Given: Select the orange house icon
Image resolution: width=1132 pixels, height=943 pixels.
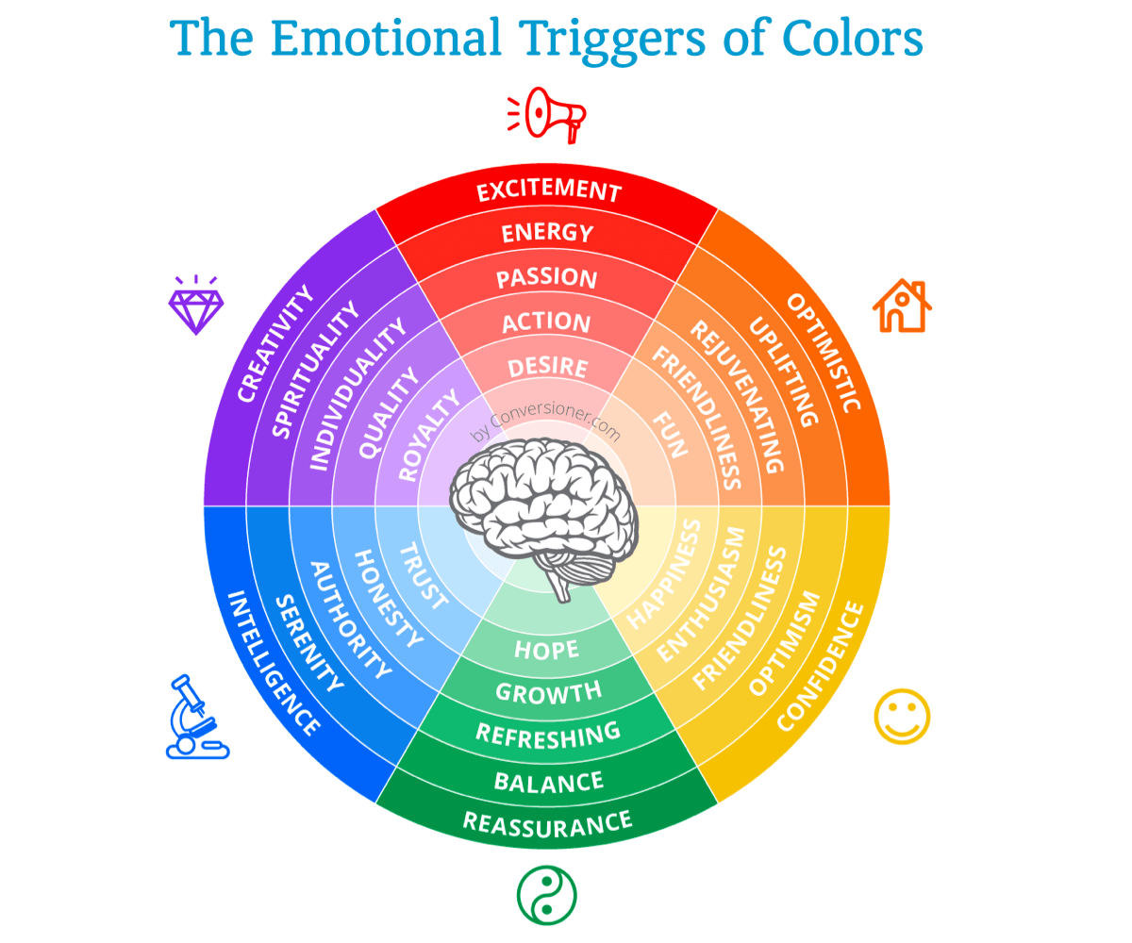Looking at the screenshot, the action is click(x=902, y=306).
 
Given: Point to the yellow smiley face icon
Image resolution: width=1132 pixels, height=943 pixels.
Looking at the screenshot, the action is click(x=902, y=717).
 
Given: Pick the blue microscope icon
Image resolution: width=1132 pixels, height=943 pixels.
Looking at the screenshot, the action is click(x=197, y=717).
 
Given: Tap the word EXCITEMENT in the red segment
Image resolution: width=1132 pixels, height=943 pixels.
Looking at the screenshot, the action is click(x=549, y=190).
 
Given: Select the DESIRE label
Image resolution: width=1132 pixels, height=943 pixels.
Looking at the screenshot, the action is click(x=547, y=367).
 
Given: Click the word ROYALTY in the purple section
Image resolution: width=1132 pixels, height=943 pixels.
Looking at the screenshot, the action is click(x=428, y=435).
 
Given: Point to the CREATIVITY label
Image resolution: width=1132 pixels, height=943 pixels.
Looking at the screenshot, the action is click(x=275, y=343).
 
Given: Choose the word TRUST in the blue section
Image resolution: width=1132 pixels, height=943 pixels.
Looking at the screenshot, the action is click(x=424, y=575).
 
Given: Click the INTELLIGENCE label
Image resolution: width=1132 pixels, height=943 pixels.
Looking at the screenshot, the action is click(x=274, y=663).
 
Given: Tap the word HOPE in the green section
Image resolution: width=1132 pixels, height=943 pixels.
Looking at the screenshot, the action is click(x=546, y=650).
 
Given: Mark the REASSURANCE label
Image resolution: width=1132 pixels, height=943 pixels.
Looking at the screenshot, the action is click(x=547, y=824).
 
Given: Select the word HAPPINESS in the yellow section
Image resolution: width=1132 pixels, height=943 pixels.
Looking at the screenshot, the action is click(x=663, y=574).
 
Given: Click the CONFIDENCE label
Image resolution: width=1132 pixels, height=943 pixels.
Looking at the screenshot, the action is click(x=821, y=666).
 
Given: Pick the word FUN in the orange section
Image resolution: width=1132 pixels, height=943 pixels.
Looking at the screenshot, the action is click(x=670, y=435).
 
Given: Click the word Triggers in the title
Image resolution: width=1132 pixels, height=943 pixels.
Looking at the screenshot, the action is click(x=612, y=39).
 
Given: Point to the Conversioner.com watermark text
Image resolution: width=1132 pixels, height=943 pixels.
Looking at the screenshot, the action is click(x=545, y=423).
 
